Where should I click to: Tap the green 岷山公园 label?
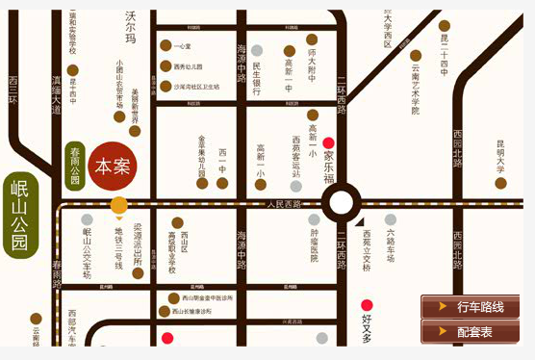pyautogui.click(x=19, y=216)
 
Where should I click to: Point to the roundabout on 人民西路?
pyautogui.click(x=341, y=204)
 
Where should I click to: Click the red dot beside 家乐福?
pyautogui.click(x=328, y=142)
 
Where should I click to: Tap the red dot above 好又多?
pyautogui.click(x=367, y=305)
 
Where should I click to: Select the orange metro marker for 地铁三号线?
pyautogui.click(x=119, y=204)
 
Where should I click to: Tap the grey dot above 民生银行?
pyautogui.click(x=257, y=50)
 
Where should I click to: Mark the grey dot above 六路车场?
pyautogui.click(x=390, y=219)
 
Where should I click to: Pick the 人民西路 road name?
pyautogui.click(x=284, y=204)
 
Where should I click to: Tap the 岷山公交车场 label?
pyautogui.click(x=87, y=252)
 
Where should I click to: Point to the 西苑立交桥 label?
pyautogui.click(x=367, y=249)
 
